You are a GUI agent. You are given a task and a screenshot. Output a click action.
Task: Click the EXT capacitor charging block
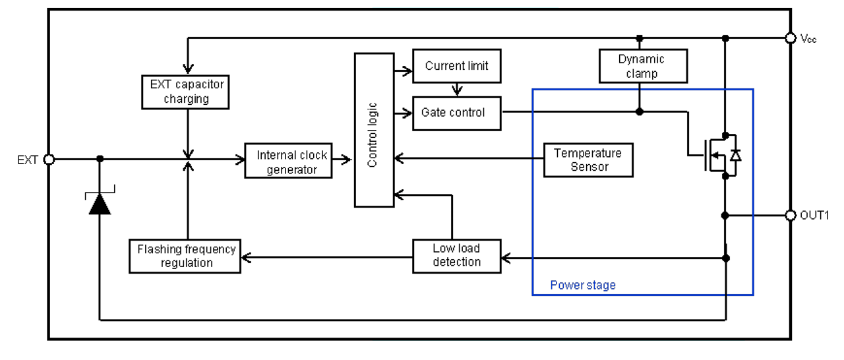[185, 92]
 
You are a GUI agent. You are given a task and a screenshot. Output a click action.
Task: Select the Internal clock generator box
[288, 160]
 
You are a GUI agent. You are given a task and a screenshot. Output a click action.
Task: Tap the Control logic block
[374, 130]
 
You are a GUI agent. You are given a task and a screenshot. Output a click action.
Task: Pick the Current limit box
[457, 66]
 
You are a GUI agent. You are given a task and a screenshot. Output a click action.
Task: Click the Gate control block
[457, 113]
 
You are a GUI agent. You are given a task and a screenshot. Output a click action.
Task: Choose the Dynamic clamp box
[643, 66]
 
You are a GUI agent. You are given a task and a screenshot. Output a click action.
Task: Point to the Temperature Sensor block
[588, 160]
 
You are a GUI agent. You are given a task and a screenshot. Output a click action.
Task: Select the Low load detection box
[457, 256]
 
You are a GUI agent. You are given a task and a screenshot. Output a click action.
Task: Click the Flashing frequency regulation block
[185, 256]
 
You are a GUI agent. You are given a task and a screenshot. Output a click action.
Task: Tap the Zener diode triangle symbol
[100, 204]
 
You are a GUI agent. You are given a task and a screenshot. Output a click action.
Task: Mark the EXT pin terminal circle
[49, 160]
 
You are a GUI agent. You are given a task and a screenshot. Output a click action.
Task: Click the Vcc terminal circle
[791, 38]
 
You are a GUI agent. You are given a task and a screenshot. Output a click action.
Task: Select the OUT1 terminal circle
[791, 216]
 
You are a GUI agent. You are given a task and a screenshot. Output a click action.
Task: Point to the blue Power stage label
[583, 285]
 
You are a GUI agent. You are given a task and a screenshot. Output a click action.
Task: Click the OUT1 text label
[814, 216]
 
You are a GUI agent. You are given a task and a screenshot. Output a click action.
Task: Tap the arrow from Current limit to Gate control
[457, 90]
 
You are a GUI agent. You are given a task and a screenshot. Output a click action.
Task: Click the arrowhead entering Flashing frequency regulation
[246, 258]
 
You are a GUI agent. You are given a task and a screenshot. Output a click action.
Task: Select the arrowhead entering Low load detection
[506, 258]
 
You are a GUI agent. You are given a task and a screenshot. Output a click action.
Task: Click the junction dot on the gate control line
[640, 111]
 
